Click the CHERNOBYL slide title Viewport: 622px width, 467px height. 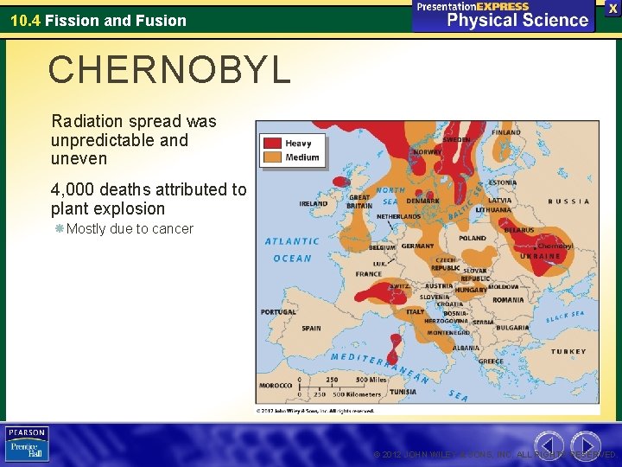pyautogui.click(x=169, y=70)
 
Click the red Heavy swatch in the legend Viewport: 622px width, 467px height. pyautogui.click(x=272, y=143)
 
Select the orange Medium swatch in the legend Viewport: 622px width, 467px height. pyautogui.click(x=272, y=157)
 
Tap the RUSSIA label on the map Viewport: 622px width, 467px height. pyautogui.click(x=569, y=202)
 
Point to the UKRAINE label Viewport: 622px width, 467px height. pyautogui.click(x=540, y=256)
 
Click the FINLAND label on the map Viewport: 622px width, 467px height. pyautogui.click(x=506, y=133)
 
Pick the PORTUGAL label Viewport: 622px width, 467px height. pyautogui.click(x=278, y=312)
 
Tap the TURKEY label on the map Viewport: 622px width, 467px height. pyautogui.click(x=568, y=352)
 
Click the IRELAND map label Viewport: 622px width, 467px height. pyautogui.click(x=313, y=204)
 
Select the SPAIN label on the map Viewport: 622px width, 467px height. pyautogui.click(x=311, y=329)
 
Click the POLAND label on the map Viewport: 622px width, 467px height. pyautogui.click(x=473, y=238)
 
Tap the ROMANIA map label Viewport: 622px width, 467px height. pyautogui.click(x=509, y=300)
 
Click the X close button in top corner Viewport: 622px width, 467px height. pyautogui.click(x=611, y=8)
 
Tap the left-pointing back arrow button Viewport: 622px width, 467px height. pyautogui.click(x=549, y=444)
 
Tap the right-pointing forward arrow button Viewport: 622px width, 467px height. pyautogui.click(x=586, y=444)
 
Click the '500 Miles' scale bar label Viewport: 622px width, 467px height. pyautogui.click(x=371, y=380)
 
